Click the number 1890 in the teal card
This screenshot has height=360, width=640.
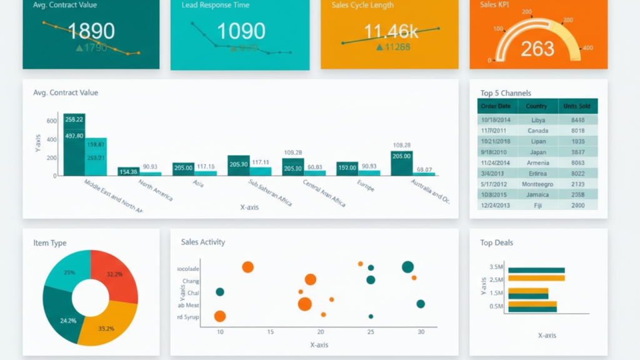pyautogui.click(x=91, y=31)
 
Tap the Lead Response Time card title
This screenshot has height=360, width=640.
pyautogui.click(x=215, y=5)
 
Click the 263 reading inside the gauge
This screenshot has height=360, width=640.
pyautogui.click(x=537, y=48)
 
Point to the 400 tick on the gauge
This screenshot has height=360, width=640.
pyautogui.click(x=587, y=47)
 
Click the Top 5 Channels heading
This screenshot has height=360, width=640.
pyautogui.click(x=506, y=93)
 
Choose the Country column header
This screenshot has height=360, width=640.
pyautogui.click(x=536, y=106)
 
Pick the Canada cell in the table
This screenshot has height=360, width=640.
pyautogui.click(x=537, y=131)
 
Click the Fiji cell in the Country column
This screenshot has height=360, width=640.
pyautogui.click(x=537, y=205)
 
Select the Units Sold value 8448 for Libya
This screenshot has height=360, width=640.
pyautogui.click(x=577, y=119)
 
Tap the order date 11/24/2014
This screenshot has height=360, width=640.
pyautogui.click(x=496, y=162)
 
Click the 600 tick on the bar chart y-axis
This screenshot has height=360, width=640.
pyautogui.click(x=51, y=121)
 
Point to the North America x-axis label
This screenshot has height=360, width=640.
pyautogui.click(x=156, y=190)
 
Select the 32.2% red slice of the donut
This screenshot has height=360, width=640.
pyautogui.click(x=115, y=274)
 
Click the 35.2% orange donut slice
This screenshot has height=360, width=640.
pyautogui.click(x=106, y=327)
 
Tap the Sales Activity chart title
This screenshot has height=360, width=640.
pyautogui.click(x=202, y=242)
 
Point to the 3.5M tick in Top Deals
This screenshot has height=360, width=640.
pyautogui.click(x=496, y=267)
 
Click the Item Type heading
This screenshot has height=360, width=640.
pyautogui.click(x=50, y=243)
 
